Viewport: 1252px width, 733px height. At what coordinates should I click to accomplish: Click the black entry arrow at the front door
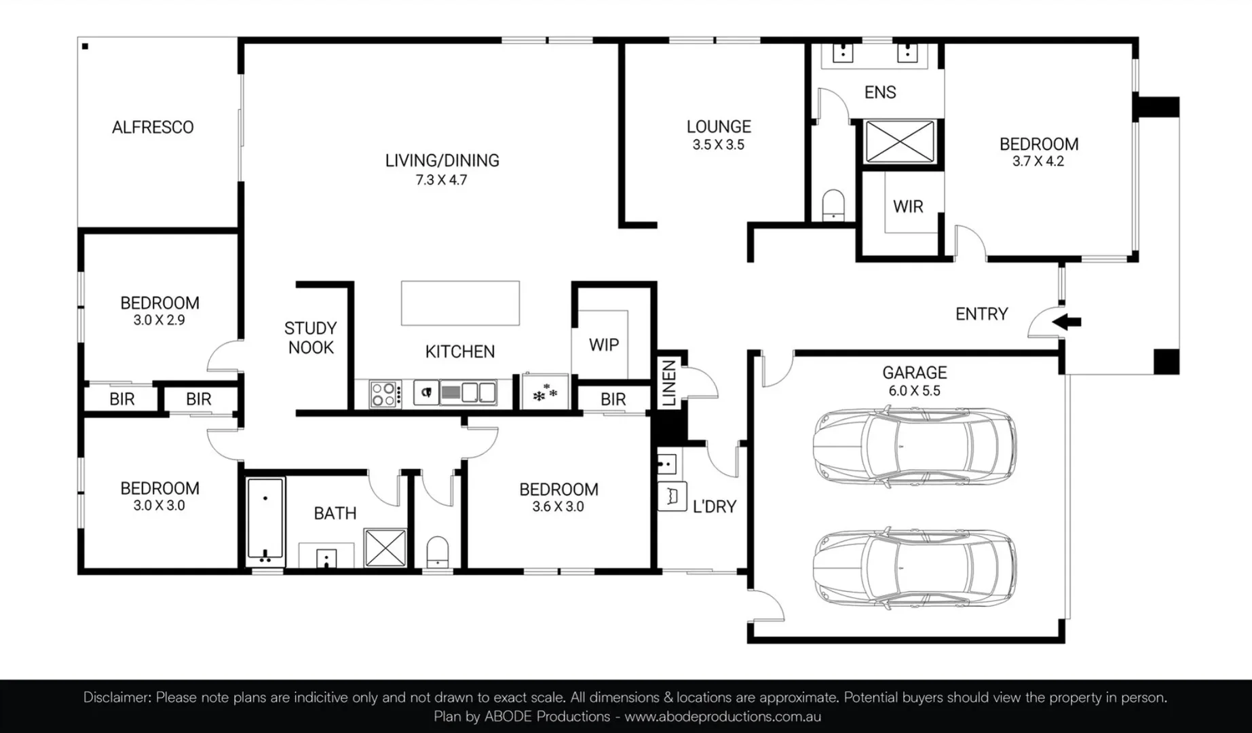(1067, 322)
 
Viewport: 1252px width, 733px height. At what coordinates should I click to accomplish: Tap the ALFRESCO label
(153, 127)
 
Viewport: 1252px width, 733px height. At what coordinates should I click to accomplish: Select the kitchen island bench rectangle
(460, 303)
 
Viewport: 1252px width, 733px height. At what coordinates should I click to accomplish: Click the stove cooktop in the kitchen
(384, 394)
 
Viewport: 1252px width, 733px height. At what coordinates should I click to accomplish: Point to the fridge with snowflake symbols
(545, 392)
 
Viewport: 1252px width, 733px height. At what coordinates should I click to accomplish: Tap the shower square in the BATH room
(385, 547)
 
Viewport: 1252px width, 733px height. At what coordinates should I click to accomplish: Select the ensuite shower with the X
(899, 142)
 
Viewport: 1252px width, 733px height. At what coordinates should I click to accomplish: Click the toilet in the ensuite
(833, 205)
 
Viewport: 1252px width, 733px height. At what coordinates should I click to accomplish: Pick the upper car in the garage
(914, 446)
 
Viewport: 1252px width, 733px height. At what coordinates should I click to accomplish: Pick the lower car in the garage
(914, 568)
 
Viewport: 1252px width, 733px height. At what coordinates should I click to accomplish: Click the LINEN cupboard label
(669, 383)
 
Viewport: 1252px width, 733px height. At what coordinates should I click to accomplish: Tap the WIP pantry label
(603, 345)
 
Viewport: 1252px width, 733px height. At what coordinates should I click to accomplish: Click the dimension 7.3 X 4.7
(441, 180)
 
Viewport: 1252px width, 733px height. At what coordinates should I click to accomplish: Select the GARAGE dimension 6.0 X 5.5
(914, 391)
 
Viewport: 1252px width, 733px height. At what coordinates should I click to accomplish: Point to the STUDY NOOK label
(310, 337)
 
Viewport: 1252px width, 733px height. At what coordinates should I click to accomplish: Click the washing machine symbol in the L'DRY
(672, 496)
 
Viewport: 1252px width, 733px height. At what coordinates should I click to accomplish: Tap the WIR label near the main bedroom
(907, 206)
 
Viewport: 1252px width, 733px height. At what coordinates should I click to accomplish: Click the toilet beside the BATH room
(438, 551)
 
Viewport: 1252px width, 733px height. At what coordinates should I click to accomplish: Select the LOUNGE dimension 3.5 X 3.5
(718, 145)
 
